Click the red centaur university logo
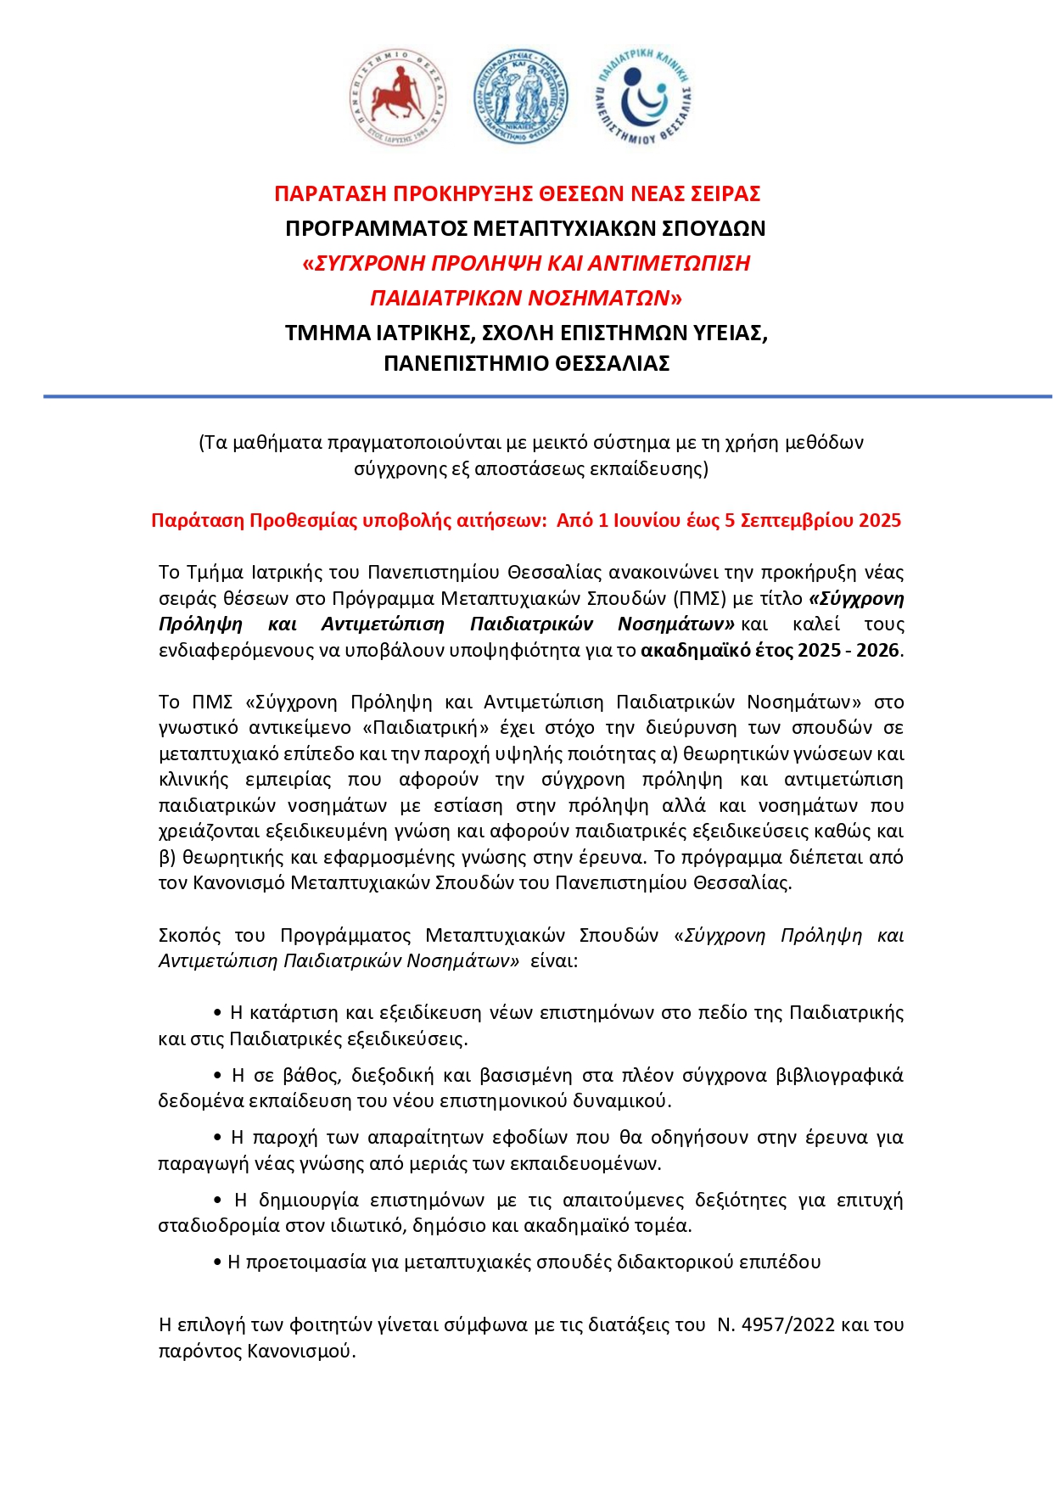[397, 97]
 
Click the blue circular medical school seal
[520, 97]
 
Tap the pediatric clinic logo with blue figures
[644, 97]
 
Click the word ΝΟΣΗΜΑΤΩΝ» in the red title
[605, 299]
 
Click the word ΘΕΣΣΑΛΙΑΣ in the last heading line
[612, 364]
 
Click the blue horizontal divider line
[547, 396]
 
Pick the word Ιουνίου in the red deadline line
[648, 521]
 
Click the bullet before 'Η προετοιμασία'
[218, 1262]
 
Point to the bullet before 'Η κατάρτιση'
[218, 1013]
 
